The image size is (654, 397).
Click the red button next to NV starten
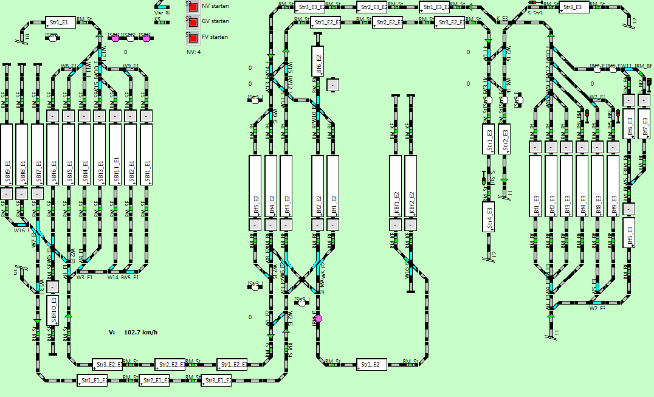click(x=193, y=7)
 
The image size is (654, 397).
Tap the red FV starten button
click(x=193, y=38)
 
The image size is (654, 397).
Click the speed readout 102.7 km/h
click(x=140, y=333)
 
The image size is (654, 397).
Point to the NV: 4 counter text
click(x=193, y=52)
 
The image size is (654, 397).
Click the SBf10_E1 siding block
click(x=53, y=311)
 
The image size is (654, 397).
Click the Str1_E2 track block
click(x=371, y=365)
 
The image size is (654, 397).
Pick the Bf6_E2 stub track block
click(x=317, y=61)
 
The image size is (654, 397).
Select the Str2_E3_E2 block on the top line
click(x=371, y=7)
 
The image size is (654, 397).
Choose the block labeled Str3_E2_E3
click(x=450, y=22)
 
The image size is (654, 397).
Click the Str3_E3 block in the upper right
click(x=574, y=7)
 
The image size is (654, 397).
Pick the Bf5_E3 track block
click(x=629, y=232)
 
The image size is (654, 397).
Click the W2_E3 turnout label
click(x=597, y=308)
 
